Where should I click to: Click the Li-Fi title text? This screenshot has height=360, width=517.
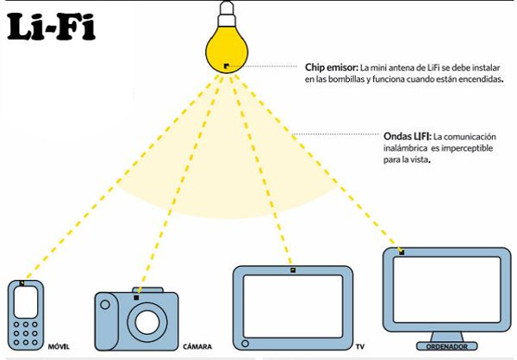[x=51, y=27]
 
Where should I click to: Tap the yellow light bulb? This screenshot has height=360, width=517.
[x=227, y=49]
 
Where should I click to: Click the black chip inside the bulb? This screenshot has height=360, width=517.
[x=227, y=66]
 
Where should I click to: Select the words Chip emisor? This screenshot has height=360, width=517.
[x=331, y=67]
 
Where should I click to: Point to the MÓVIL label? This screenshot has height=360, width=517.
[x=59, y=347]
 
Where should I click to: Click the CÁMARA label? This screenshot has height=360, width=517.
[x=197, y=347]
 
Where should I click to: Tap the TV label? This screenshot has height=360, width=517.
[x=359, y=347]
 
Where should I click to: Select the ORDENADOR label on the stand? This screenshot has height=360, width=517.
[x=446, y=347]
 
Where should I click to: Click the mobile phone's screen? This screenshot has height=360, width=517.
[x=26, y=302]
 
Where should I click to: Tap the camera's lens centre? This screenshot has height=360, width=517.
[x=147, y=322]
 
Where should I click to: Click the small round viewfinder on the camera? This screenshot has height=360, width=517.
[x=105, y=304]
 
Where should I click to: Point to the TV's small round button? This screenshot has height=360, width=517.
[x=245, y=343]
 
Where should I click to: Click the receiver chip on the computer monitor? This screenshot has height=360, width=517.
[x=402, y=252]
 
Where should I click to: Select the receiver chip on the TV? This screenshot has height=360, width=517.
[x=293, y=270]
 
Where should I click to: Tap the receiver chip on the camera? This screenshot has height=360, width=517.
[x=136, y=298]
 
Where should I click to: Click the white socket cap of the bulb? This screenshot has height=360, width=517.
[x=227, y=14]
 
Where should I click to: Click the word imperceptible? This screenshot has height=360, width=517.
[x=462, y=148]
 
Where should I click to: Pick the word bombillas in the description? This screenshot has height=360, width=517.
[x=346, y=79]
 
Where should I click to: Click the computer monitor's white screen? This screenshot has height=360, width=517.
[x=446, y=289]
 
